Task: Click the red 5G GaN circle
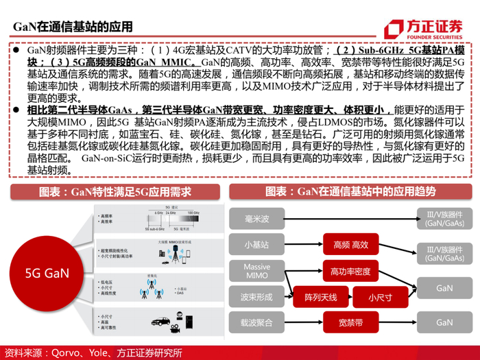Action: (x=47, y=273)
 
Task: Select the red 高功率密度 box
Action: (x=350, y=271)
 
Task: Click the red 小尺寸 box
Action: (x=379, y=297)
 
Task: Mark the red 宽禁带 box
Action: (x=350, y=322)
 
